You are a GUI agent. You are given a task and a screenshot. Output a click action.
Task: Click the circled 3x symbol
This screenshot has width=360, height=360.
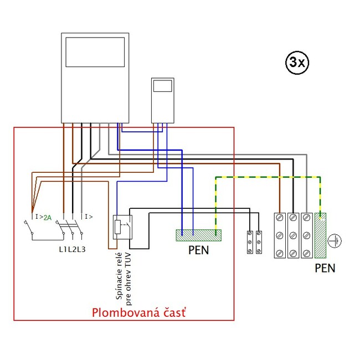[x=297, y=63]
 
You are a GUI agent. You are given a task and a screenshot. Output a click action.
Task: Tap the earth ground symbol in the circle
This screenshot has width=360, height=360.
[x=335, y=241]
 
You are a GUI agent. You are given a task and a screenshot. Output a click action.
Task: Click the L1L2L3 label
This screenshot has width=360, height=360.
[x=72, y=249]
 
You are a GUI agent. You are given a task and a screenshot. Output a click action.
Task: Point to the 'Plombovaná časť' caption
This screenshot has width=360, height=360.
[x=138, y=313]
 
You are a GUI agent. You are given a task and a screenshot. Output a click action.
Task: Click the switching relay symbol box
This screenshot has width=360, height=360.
[x=121, y=227]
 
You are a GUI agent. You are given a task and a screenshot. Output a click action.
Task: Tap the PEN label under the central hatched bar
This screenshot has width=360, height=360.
[x=198, y=250]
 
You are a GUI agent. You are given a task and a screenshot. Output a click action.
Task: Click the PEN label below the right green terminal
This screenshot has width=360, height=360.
[x=325, y=269]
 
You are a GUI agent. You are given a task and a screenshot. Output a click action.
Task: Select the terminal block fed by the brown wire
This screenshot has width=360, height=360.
[x=280, y=236]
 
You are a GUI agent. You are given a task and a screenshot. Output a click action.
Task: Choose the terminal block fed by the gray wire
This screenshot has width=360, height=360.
[x=307, y=236]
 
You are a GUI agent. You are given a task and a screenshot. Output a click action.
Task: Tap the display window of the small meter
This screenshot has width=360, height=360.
[x=163, y=86]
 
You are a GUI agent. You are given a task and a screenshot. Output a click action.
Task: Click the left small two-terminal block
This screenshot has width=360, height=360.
[x=251, y=241]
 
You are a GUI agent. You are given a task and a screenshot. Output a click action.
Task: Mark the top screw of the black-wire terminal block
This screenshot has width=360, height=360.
[x=294, y=218]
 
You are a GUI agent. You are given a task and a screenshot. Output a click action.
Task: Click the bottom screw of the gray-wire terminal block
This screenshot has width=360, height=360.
[x=307, y=253]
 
